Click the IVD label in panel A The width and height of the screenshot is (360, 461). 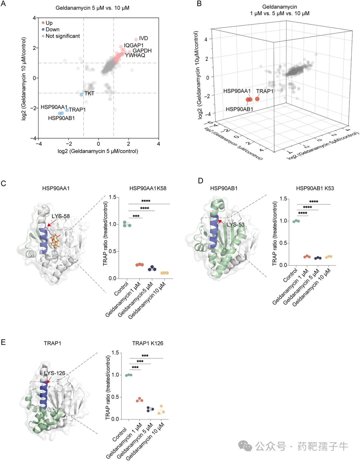point(143,38)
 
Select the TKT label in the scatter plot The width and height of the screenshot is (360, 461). point(89,93)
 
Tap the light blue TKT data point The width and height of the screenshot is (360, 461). point(81,95)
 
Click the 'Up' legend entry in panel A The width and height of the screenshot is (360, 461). point(49,23)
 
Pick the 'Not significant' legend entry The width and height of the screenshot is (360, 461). point(63,36)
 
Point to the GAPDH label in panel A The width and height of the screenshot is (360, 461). point(142,51)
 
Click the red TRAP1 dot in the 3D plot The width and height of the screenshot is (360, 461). point(257,99)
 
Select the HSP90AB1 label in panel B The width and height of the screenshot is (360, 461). point(239,109)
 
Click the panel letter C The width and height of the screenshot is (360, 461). point(4,183)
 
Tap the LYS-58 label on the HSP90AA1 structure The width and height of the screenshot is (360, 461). point(61,216)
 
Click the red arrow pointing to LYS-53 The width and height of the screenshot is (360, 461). point(220,221)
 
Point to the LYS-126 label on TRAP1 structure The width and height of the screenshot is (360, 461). point(55,373)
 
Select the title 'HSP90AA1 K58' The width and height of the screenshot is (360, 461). point(148,188)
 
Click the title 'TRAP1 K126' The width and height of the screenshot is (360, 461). point(148,343)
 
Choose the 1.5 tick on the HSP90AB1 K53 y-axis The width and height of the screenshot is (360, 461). point(283,199)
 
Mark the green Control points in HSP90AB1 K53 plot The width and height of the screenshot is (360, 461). point(296,221)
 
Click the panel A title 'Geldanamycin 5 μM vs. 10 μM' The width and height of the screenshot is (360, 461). point(92,8)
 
